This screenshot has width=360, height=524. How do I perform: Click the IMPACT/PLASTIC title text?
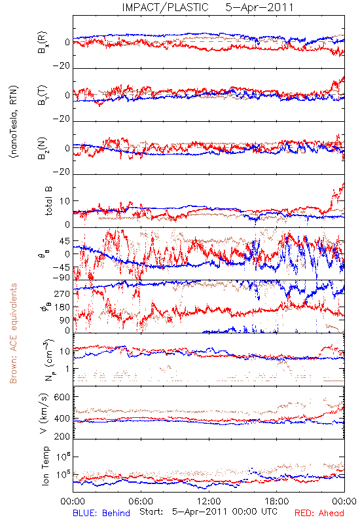coord(165,7)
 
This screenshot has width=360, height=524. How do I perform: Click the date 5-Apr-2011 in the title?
coord(259,7)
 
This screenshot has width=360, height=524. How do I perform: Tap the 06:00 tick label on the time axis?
coord(141,501)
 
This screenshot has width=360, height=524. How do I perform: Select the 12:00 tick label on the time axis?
coord(209,501)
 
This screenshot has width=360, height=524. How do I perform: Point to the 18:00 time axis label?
coord(277,501)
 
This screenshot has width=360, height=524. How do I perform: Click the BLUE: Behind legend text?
coord(101,513)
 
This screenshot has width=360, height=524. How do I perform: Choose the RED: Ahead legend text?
coord(319,513)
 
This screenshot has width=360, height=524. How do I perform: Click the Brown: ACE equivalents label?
coord(13,333)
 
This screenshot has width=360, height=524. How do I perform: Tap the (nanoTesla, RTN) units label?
coord(14,122)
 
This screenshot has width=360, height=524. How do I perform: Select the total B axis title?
coord(48,201)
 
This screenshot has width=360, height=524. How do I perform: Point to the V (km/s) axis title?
coord(44,413)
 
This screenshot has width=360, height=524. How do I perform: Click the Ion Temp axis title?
coord(45,466)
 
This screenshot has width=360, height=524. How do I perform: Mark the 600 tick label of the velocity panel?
coord(62,397)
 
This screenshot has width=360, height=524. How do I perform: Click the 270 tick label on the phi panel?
coord(62,293)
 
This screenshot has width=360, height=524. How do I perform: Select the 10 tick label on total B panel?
coord(65,201)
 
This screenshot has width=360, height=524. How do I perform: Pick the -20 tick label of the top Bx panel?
coord(61,66)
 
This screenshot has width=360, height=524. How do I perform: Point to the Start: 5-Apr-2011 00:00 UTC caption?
coord(208,512)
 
